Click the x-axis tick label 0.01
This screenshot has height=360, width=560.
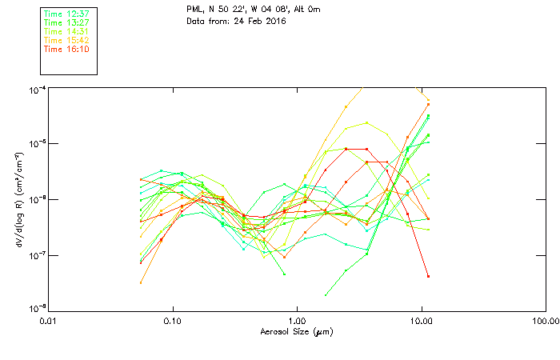point(49,321)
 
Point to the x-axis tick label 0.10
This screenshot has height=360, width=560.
point(173,321)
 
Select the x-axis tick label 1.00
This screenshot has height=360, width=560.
point(297,321)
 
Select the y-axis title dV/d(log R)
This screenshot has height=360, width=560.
point(18,199)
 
